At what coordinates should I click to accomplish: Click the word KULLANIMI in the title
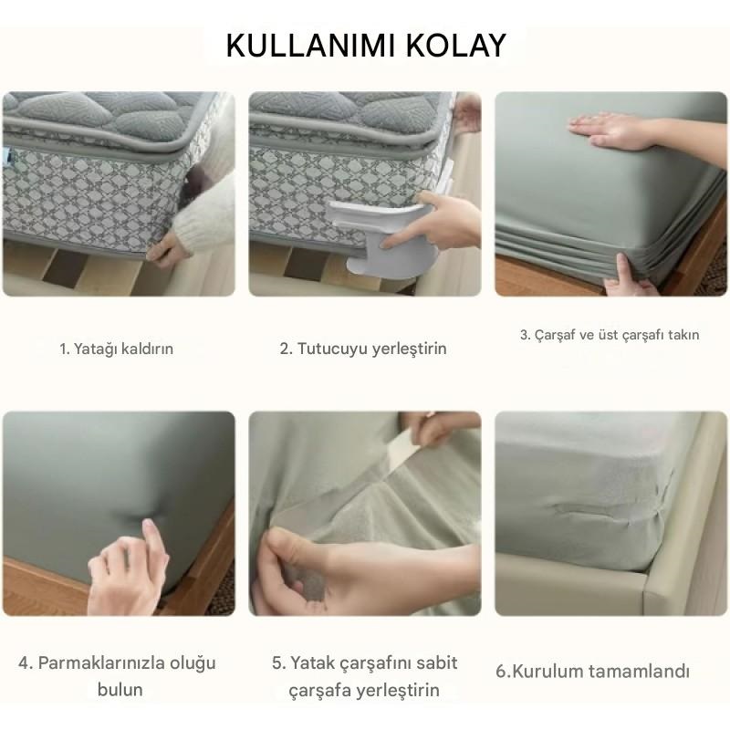click(311, 45)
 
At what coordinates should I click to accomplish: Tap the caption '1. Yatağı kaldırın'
click(117, 349)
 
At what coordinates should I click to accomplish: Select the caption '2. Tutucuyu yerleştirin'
click(363, 349)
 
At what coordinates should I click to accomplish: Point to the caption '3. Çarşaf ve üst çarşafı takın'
click(610, 335)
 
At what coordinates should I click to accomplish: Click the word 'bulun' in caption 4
click(120, 690)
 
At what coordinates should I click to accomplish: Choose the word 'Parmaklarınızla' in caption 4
click(100, 662)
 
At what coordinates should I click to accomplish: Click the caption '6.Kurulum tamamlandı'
click(592, 672)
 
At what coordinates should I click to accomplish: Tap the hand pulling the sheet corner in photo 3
click(629, 275)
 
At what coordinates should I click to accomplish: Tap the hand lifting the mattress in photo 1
click(165, 250)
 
